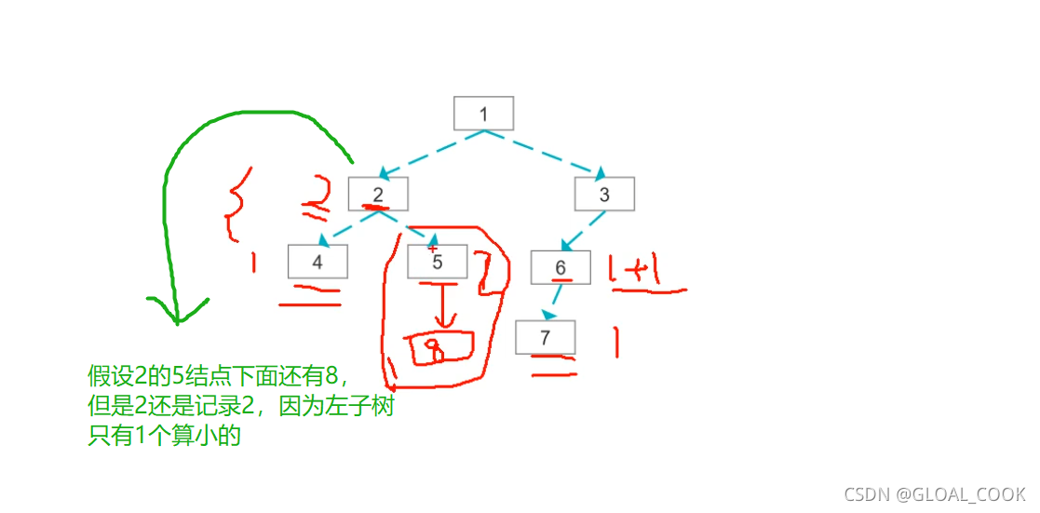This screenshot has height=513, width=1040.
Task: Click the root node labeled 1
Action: click(483, 114)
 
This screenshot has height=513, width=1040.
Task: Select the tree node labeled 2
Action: click(378, 194)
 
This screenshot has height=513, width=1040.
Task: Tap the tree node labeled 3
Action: click(604, 195)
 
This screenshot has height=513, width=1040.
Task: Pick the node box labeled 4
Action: click(317, 262)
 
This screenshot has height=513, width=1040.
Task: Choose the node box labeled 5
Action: click(438, 262)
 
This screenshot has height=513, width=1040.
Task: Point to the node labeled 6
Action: click(561, 267)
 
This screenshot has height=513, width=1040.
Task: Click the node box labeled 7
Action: click(546, 337)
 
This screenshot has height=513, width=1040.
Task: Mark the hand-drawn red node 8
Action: click(442, 346)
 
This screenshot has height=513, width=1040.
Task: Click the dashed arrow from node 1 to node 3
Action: click(545, 153)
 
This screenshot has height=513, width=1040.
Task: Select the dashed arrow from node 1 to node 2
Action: click(431, 153)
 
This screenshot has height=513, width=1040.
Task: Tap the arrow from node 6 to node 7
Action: click(554, 302)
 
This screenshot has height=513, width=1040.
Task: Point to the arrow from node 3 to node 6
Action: click(584, 230)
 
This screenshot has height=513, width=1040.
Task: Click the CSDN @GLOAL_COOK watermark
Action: click(934, 494)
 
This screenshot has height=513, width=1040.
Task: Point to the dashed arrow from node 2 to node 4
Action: click(347, 228)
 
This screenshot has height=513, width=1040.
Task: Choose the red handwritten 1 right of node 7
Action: click(615, 342)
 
